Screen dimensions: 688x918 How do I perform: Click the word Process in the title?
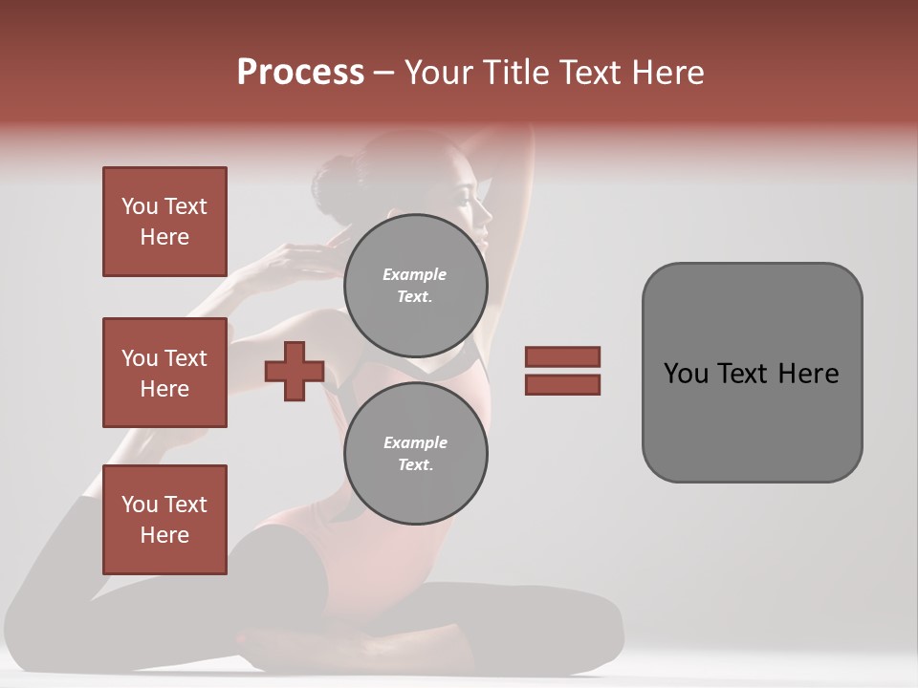[x=300, y=73]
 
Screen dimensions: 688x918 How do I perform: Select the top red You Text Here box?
[x=164, y=222]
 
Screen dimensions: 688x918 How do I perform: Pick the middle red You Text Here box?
[x=164, y=373]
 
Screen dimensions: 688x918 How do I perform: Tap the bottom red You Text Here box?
[x=164, y=520]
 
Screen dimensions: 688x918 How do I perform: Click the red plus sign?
[x=295, y=371]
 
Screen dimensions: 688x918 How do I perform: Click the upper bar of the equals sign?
[x=562, y=356]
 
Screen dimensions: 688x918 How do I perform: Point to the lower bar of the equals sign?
[x=562, y=384]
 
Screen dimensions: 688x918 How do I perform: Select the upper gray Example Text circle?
[x=416, y=285]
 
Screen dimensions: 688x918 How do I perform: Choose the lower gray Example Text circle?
[x=416, y=454]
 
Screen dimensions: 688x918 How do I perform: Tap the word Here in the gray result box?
[x=808, y=374]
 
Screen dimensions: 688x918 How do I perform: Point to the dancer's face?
[x=475, y=205]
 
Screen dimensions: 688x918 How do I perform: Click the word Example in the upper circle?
[x=415, y=274]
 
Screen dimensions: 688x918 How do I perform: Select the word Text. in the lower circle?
[x=416, y=465]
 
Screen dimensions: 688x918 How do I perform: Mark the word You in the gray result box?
[x=686, y=374]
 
